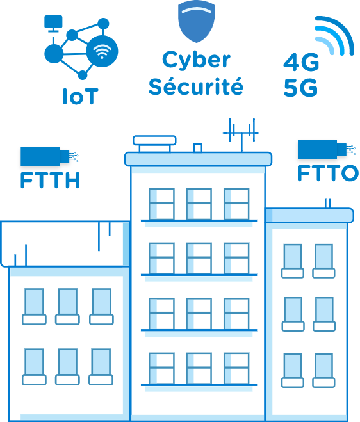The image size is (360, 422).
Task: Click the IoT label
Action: click(80, 96)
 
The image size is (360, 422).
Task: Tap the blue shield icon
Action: click(196, 21)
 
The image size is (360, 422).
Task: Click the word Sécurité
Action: click(196, 86)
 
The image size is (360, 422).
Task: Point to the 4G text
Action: click(301, 62)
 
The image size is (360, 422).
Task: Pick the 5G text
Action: click(301, 88)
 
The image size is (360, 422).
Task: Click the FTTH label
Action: click(50, 180)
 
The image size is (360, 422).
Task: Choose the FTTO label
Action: click(328, 173)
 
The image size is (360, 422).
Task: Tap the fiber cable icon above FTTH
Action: click(49, 157)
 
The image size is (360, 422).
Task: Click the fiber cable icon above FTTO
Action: click(326, 150)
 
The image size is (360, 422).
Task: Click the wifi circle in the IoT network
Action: click(102, 51)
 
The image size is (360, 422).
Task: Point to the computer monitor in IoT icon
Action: click(53, 24)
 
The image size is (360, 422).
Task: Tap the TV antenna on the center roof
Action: click(241, 134)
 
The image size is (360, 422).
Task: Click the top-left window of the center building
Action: click(161, 204)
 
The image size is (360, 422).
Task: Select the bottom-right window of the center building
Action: click(236, 368)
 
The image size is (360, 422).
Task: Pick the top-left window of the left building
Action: click(34, 307)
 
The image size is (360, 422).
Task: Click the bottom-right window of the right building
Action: click(323, 371)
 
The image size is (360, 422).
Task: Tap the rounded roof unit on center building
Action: click(154, 143)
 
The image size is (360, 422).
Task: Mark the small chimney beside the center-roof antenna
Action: click(198, 147)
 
